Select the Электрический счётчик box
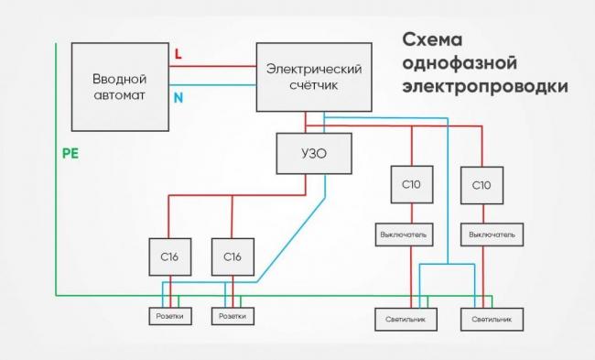click(x=314, y=78)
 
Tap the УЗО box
click(x=313, y=154)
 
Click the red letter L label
click(x=178, y=55)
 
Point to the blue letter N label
click(x=178, y=95)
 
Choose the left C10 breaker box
click(x=411, y=184)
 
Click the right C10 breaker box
click(x=482, y=184)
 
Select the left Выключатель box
click(x=404, y=235)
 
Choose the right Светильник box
click(x=498, y=320)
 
